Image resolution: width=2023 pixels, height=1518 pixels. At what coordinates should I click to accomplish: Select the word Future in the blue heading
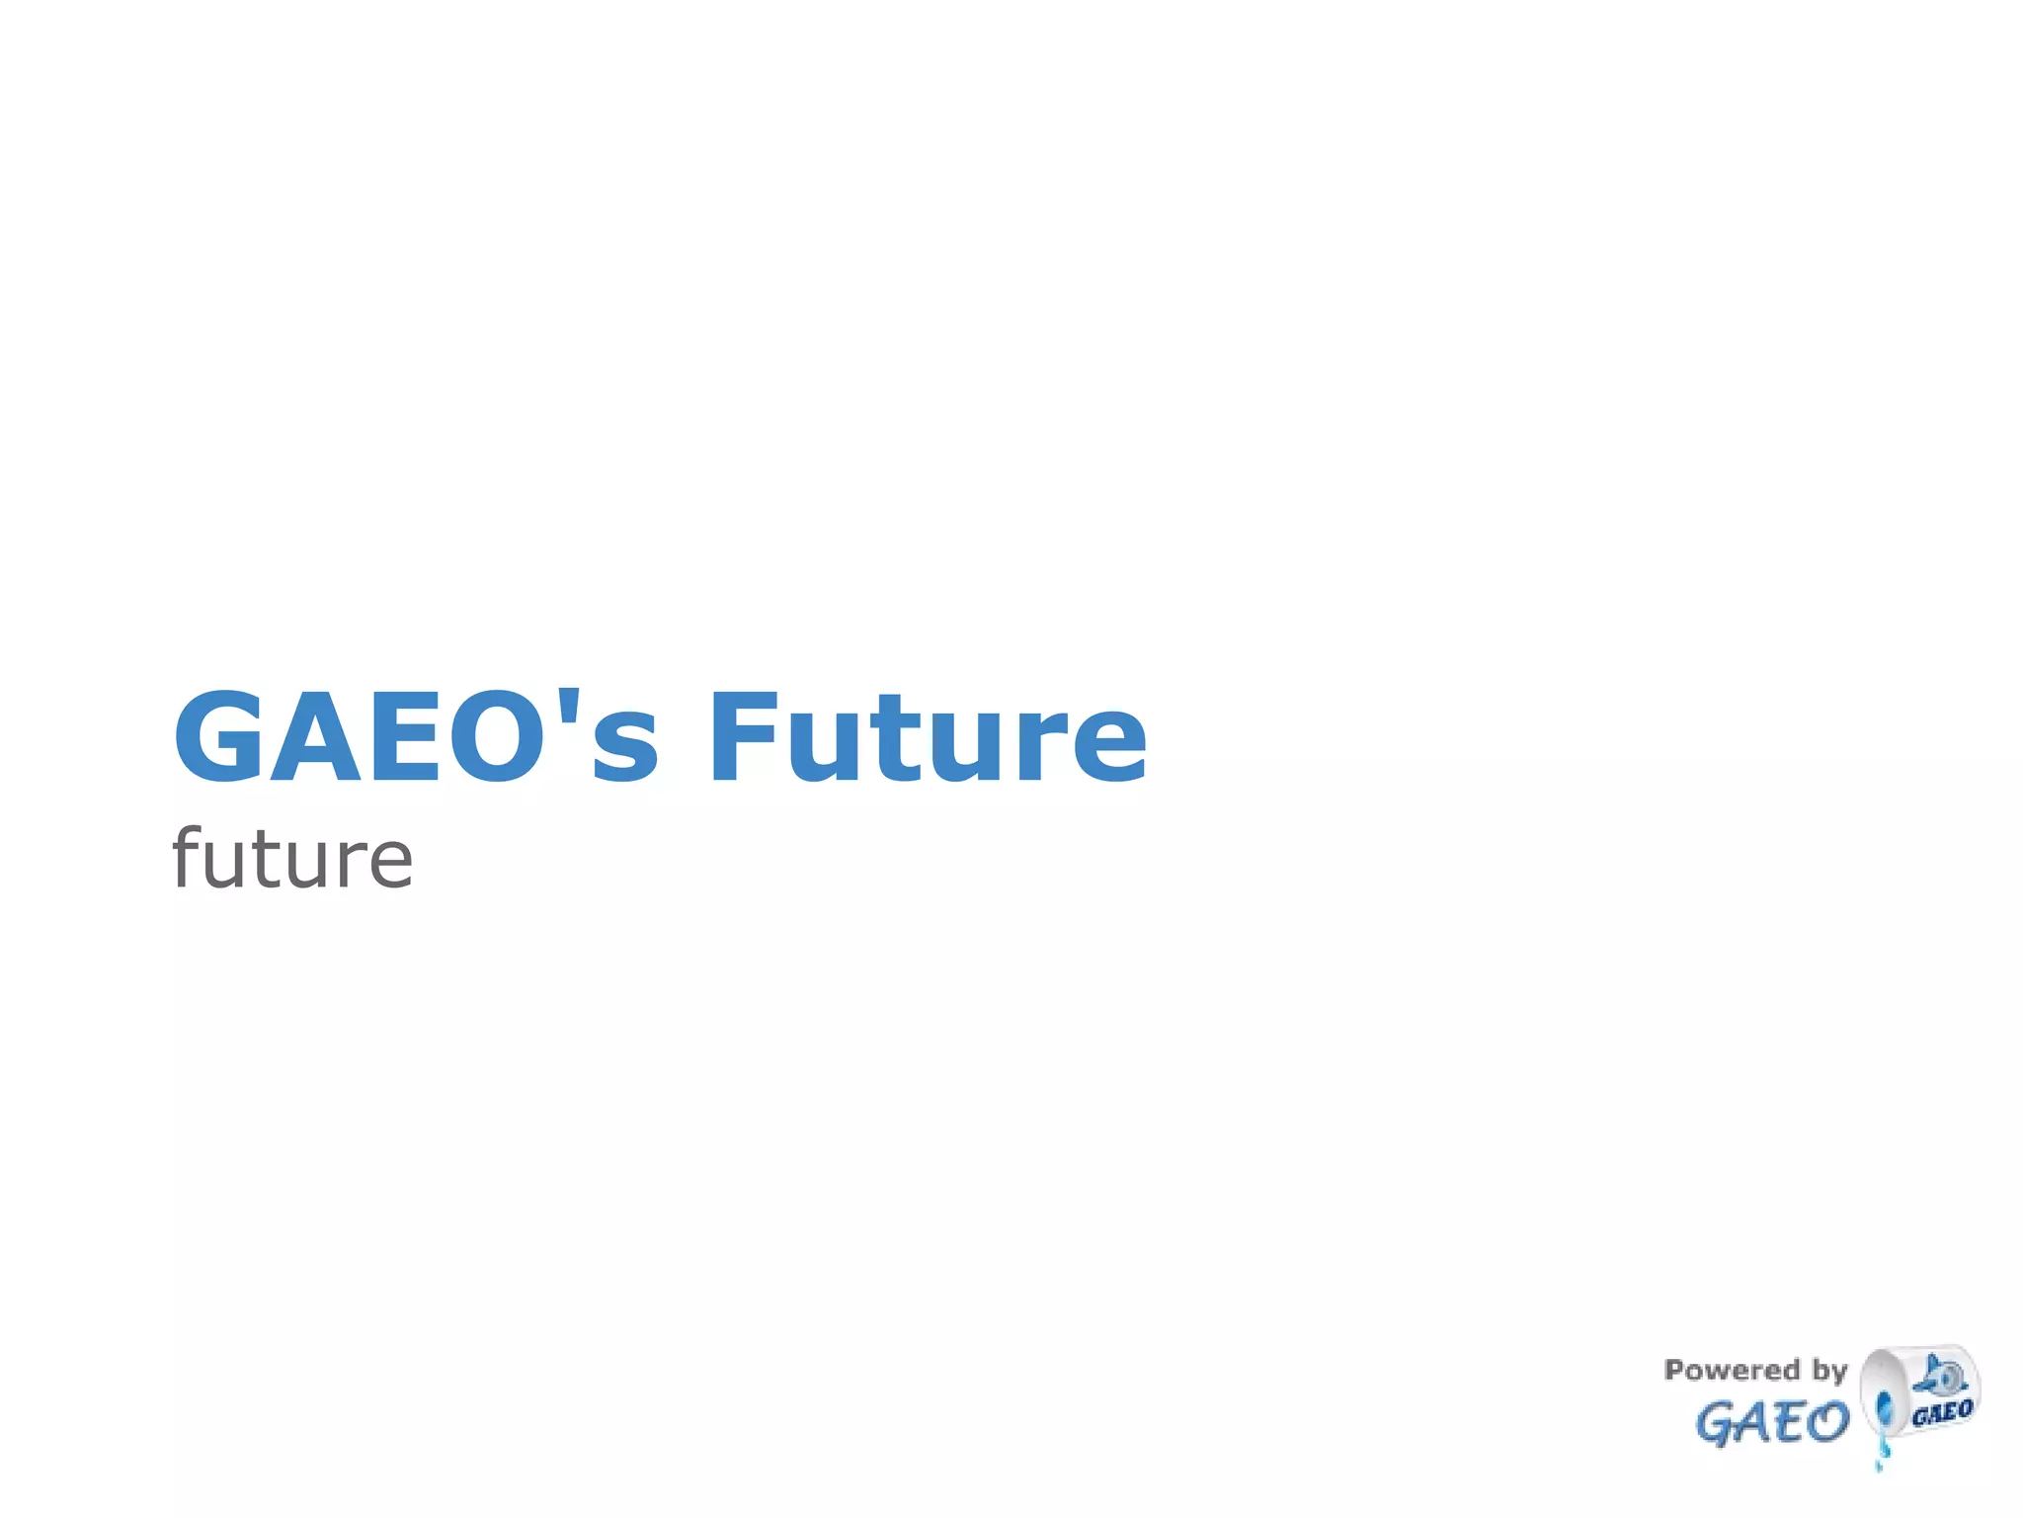928,737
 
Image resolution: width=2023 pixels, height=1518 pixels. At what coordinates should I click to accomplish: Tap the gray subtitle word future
292,858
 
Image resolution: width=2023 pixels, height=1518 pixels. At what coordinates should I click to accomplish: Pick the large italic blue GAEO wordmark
1771,1423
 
